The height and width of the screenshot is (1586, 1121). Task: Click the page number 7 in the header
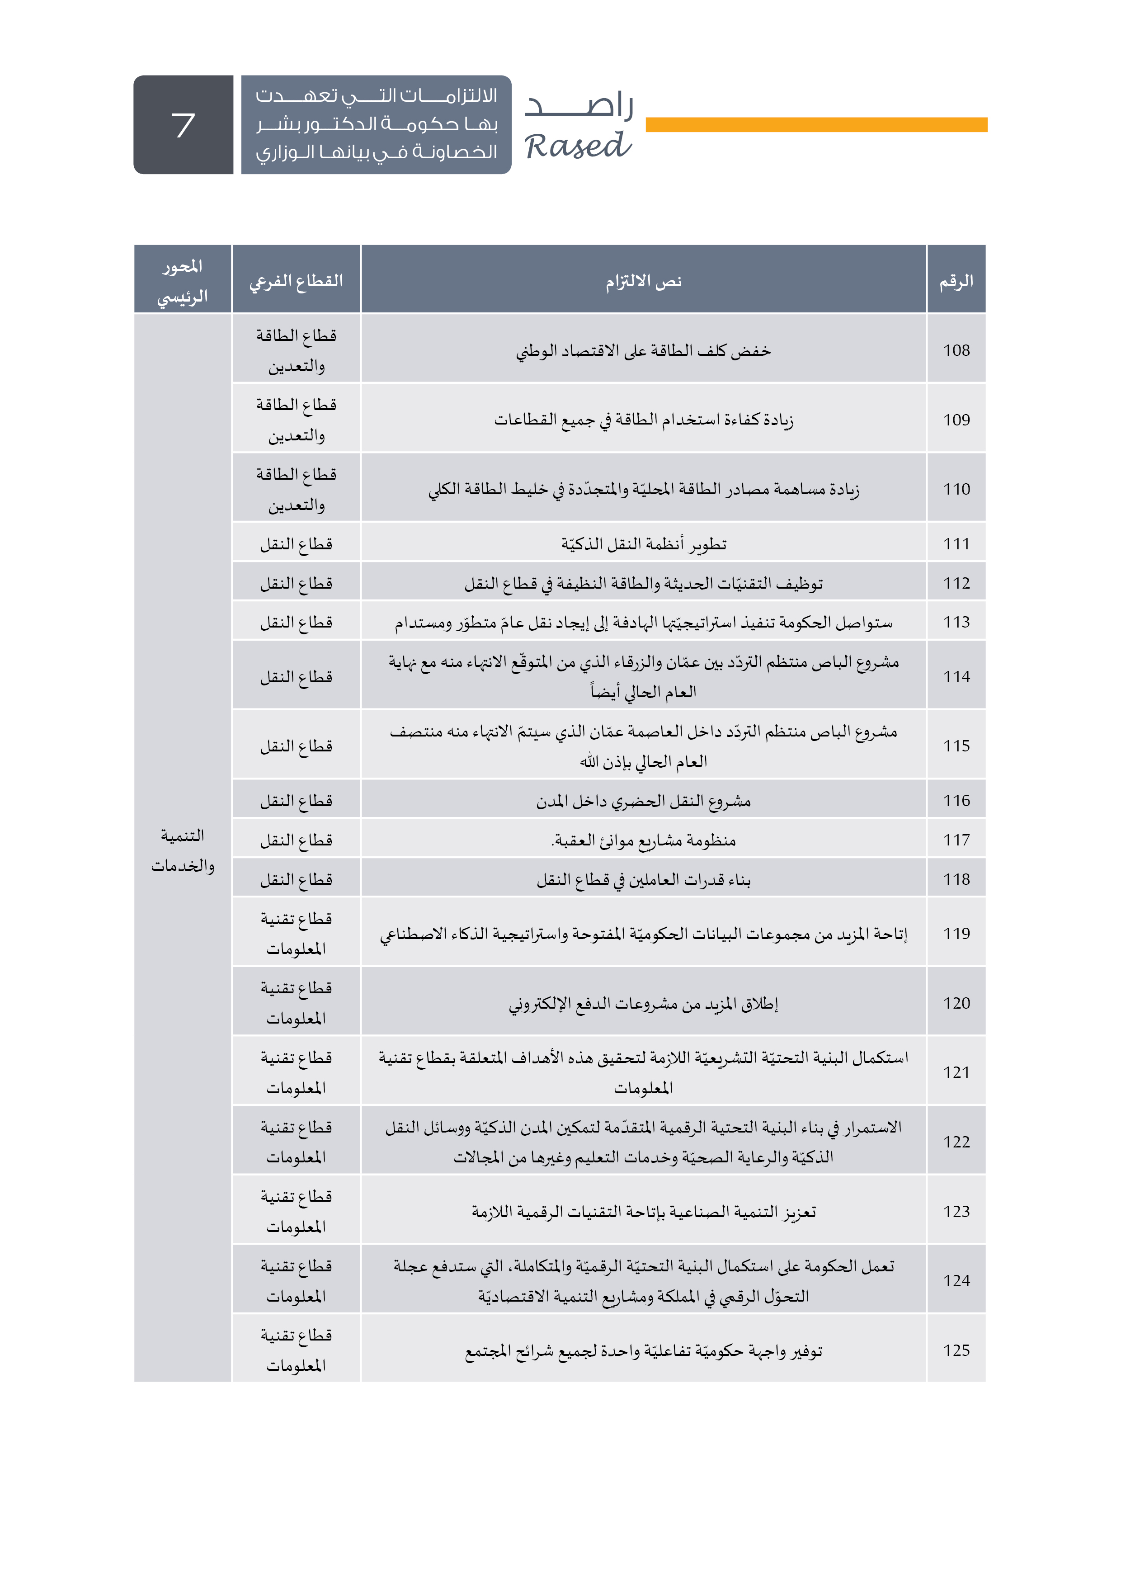[x=183, y=125]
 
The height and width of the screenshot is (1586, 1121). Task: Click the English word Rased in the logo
[x=577, y=146]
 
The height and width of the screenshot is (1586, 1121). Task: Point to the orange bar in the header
[x=816, y=124]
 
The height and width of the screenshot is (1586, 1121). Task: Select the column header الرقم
[x=956, y=280]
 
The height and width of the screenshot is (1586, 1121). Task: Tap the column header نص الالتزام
[x=643, y=280]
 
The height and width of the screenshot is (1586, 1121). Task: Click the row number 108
[x=956, y=350]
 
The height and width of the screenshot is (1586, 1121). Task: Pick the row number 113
[x=956, y=622]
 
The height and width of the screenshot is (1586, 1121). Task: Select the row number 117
[x=956, y=840]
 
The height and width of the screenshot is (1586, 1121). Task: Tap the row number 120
[x=956, y=1003]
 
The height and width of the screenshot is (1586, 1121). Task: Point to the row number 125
[x=956, y=1350]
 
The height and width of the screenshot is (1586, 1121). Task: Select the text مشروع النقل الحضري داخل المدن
[x=643, y=801]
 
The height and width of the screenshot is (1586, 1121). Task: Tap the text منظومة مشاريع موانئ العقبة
[x=643, y=840]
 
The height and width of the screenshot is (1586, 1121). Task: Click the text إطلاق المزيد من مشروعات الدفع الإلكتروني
[x=643, y=1003]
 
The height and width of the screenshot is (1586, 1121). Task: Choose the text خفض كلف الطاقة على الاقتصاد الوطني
[x=643, y=350]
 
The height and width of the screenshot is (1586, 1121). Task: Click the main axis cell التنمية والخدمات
[x=182, y=850]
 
